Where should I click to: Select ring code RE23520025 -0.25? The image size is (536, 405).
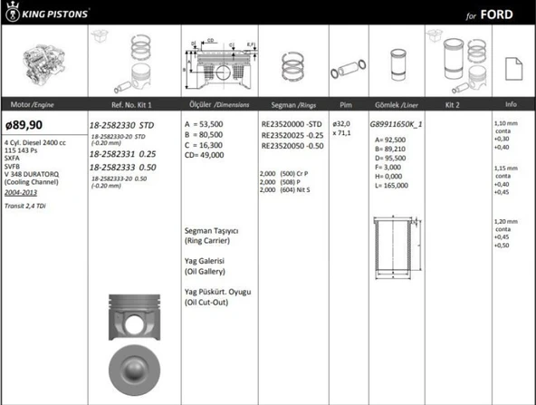[x=292, y=134]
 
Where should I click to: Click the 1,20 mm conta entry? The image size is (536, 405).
[x=506, y=222]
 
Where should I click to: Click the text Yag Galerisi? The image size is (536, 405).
[x=205, y=261]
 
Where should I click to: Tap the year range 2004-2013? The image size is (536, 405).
[x=22, y=192]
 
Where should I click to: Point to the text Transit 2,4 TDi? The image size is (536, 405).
[x=28, y=207]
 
